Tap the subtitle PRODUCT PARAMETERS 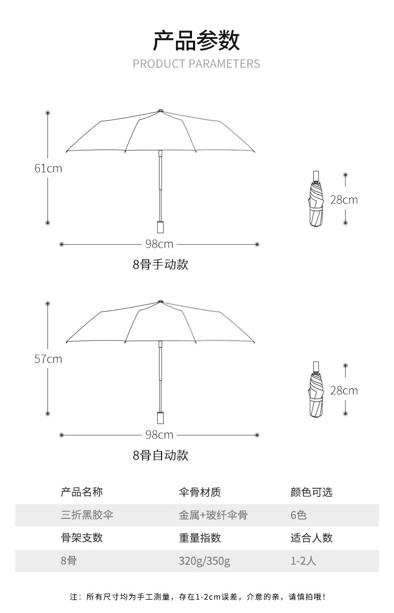tap(196, 64)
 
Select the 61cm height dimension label tap(48, 168)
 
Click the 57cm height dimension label tap(48, 359)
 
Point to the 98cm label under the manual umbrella tap(159, 244)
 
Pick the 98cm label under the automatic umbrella tap(159, 435)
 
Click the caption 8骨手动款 tap(161, 264)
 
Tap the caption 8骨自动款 tap(161, 455)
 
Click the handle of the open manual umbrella tap(160, 227)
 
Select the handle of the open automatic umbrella tap(160, 418)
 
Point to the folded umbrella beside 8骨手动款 tap(316, 202)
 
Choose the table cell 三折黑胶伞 tap(87, 515)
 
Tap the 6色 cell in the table tap(298, 515)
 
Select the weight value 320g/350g tap(204, 561)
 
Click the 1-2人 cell tap(303, 561)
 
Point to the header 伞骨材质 tap(199, 492)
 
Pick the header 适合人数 tap(311, 538)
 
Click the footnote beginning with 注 tap(197, 597)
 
